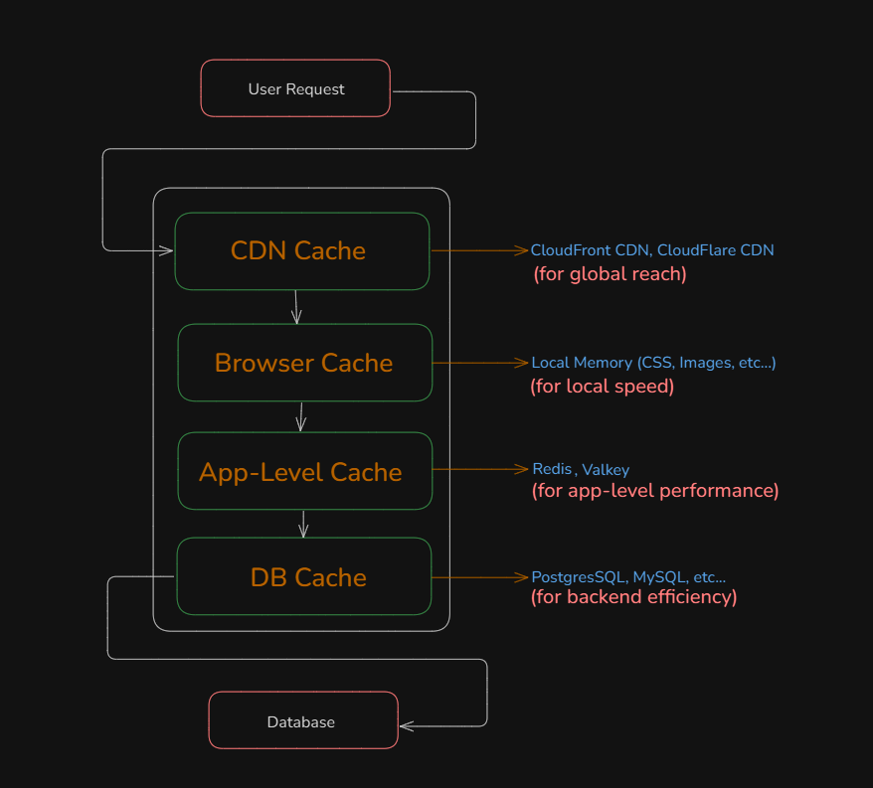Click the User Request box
(x=295, y=88)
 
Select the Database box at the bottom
(x=302, y=721)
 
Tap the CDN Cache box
(x=301, y=250)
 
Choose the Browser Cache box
(x=304, y=363)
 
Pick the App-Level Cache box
(x=302, y=471)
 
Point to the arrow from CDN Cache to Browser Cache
(x=296, y=306)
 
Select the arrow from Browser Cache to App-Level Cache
(x=300, y=415)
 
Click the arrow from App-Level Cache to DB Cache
(x=303, y=524)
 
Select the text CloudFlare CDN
(x=715, y=250)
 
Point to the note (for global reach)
(x=610, y=273)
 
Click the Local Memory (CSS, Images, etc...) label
(x=653, y=363)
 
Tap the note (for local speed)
(x=602, y=386)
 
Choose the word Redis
(x=552, y=469)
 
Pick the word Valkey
(x=606, y=470)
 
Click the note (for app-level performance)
(x=654, y=490)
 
